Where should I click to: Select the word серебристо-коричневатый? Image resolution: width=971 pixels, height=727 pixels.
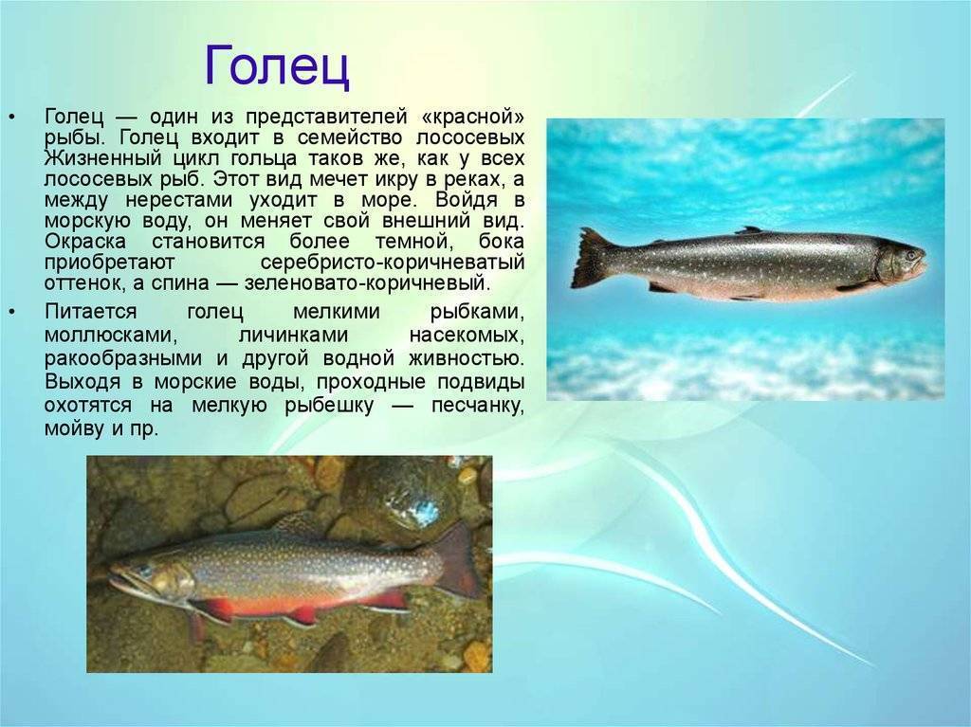tap(392, 263)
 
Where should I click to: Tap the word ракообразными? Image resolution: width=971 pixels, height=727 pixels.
tap(123, 359)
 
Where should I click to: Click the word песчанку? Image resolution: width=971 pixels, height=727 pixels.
tap(478, 407)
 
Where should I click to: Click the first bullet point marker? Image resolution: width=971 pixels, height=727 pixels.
tap(13, 117)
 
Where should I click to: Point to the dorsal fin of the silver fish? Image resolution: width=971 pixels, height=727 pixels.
tap(748, 230)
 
